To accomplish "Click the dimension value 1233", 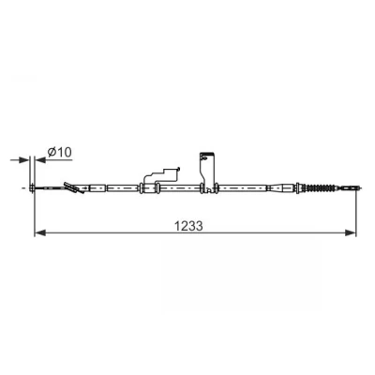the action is [x=188, y=226].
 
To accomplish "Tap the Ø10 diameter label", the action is [x=59, y=152].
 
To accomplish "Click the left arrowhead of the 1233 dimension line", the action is [x=40, y=232].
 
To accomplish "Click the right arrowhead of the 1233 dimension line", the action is [x=351, y=232].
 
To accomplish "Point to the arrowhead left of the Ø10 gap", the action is [x=23, y=160].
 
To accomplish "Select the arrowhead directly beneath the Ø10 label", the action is [x=40, y=160].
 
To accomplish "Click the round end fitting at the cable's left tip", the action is [x=32, y=188].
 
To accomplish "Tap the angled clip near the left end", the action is [x=73, y=187].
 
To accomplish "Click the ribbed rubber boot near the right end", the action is [x=321, y=188].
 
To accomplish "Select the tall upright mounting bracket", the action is [x=207, y=172].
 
